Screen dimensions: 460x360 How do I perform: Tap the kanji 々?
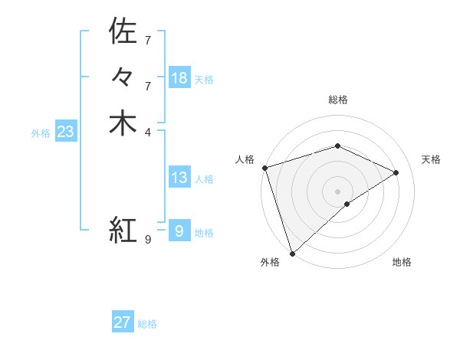pyautogui.click(x=123, y=77)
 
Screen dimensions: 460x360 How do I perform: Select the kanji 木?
pyautogui.click(x=123, y=123)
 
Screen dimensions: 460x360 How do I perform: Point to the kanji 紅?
pyautogui.click(x=123, y=229)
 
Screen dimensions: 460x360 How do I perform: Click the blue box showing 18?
pyautogui.click(x=179, y=78)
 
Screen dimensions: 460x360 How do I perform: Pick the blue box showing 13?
pyautogui.click(x=179, y=178)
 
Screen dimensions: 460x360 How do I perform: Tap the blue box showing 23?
pyautogui.click(x=65, y=132)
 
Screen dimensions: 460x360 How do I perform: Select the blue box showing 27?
pyautogui.click(x=123, y=322)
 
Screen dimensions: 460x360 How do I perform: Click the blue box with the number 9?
pyautogui.click(x=179, y=231)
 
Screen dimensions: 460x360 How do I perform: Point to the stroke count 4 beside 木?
pyautogui.click(x=148, y=132)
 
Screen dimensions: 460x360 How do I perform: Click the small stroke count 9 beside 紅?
pyautogui.click(x=148, y=239)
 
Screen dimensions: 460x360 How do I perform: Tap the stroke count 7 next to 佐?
pyautogui.click(x=148, y=40)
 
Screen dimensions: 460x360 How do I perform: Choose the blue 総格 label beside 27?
pyautogui.click(x=147, y=324)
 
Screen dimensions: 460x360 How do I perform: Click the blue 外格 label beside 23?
pyautogui.click(x=41, y=133)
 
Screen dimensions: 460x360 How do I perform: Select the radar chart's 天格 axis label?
pyautogui.click(x=431, y=159)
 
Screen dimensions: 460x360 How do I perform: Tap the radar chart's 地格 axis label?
pyautogui.click(x=402, y=262)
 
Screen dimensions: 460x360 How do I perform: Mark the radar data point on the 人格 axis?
pyautogui.click(x=264, y=168)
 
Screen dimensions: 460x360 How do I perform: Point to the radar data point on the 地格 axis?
pyautogui.click(x=347, y=204)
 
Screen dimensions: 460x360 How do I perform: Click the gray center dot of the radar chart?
pyautogui.click(x=337, y=191)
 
